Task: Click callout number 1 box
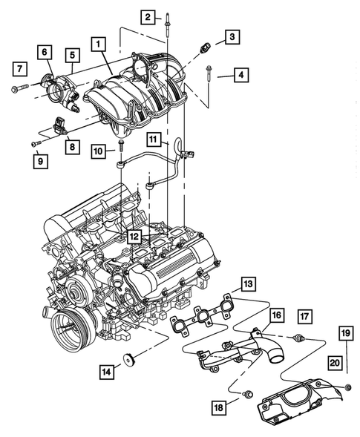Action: point(98,45)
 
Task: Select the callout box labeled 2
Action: point(148,16)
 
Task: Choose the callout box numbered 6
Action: point(45,52)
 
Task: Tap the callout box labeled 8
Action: point(72,148)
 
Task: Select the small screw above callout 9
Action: point(35,142)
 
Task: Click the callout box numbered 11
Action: point(153,139)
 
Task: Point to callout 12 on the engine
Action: point(134,237)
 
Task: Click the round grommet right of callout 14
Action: point(129,361)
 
